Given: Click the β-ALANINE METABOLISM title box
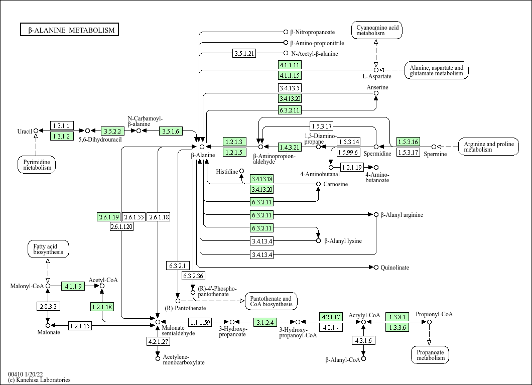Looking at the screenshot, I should [x=70, y=30].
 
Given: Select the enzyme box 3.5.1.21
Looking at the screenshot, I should [x=244, y=53].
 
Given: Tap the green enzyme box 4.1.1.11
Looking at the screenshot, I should [x=290, y=65].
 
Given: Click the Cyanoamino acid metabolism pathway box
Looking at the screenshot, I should [x=377, y=30].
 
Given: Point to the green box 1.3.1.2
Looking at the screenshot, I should [x=62, y=136].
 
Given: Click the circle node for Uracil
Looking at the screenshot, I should [x=36, y=131].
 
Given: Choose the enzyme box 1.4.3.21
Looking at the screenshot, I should [x=290, y=147].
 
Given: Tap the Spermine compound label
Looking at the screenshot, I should [x=435, y=154].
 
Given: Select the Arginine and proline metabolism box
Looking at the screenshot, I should [x=488, y=147].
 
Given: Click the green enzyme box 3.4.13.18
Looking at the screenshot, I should [x=262, y=179].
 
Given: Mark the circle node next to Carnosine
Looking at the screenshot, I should [x=318, y=184].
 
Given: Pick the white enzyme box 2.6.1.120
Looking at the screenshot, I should [x=121, y=227].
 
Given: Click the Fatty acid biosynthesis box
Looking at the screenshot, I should [x=48, y=249].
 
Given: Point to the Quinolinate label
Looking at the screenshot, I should [x=394, y=268].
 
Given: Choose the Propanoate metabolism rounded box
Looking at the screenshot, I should [x=430, y=355].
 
